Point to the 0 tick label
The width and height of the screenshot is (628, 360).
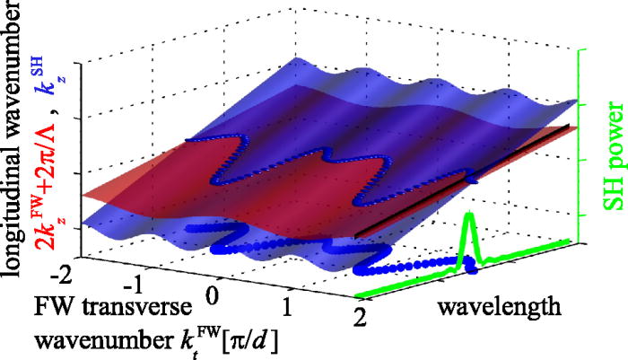[213, 296]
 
